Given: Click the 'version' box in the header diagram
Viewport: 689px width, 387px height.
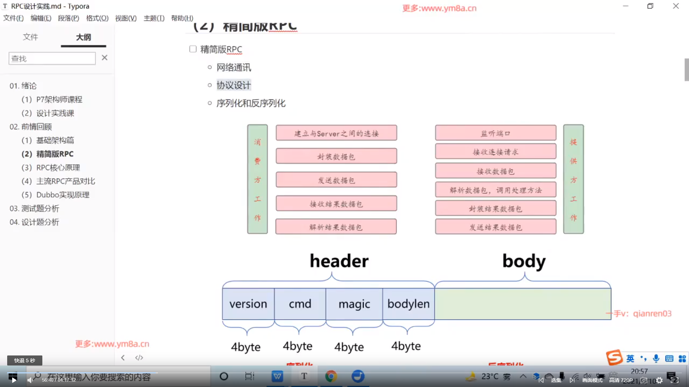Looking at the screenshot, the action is point(248,304).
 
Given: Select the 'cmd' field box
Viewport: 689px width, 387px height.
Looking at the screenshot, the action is point(300,304).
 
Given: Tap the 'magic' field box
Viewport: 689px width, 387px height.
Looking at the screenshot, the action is point(354,304).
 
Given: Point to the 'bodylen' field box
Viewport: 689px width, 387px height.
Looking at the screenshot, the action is point(408,304).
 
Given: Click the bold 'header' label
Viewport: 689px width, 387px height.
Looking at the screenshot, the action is point(339,261).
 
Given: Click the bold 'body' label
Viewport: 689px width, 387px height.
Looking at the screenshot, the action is point(524,261).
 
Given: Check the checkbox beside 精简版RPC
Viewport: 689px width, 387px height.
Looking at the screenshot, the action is point(193,49).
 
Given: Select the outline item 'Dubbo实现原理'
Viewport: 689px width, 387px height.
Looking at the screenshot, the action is point(62,195).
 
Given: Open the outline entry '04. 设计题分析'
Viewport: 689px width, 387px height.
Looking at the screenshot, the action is point(34,222).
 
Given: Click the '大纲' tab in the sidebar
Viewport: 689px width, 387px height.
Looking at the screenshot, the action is point(83,37).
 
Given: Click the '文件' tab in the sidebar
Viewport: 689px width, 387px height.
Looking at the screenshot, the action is point(31,37).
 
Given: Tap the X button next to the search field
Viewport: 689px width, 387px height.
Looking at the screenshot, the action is point(104,58).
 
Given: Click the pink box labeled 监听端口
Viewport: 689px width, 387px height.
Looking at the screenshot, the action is point(496,133).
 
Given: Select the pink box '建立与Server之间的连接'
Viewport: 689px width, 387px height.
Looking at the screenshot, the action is point(336,133).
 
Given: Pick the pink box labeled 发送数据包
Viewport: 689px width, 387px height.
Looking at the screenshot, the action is point(336,180).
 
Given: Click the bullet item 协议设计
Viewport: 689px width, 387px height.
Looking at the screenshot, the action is point(234,85).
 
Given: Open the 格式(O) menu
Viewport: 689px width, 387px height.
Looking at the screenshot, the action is point(97,18).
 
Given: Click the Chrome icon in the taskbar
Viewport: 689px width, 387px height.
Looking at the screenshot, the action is point(331,376).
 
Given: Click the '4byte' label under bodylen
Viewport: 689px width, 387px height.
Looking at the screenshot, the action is point(406,346).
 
